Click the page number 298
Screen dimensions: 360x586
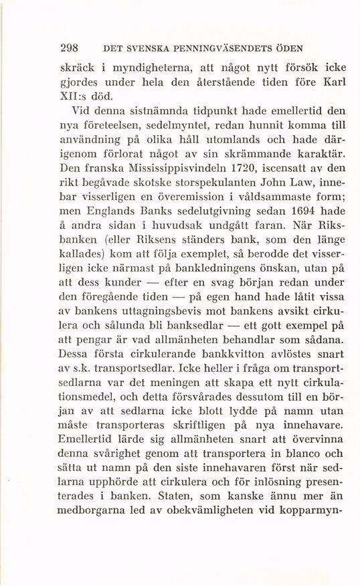(x=70, y=48)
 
